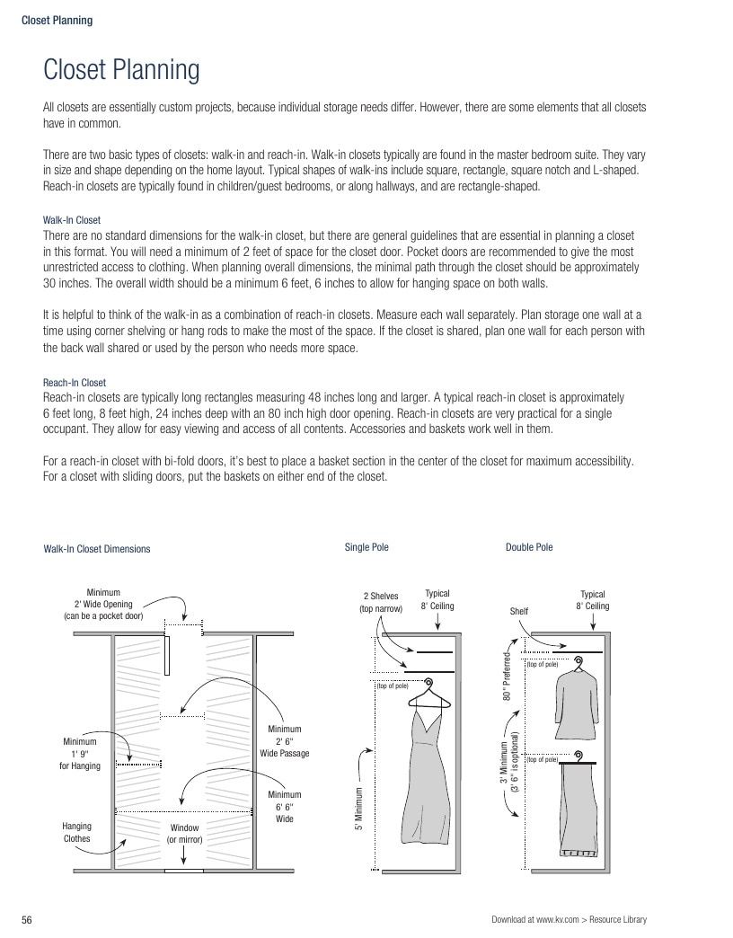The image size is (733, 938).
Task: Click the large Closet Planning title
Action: pos(121,69)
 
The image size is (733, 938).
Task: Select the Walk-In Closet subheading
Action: pos(72,219)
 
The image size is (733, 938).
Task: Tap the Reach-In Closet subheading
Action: pos(75,382)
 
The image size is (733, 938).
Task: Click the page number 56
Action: pos(27,920)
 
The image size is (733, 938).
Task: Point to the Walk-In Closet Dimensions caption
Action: pos(97,549)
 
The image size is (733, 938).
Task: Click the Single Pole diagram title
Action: pos(366,547)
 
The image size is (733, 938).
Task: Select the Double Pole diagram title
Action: pos(529,547)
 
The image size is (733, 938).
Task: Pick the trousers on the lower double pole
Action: pos(578,805)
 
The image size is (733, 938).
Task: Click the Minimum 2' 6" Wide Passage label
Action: pos(285,741)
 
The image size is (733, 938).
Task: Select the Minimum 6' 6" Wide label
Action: pos(285,807)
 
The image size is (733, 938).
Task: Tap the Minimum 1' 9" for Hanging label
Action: pos(80,754)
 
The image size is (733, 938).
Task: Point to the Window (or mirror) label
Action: pos(184,833)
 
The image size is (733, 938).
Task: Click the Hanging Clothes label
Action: pos(76,832)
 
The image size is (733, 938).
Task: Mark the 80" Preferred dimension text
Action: pos(507,677)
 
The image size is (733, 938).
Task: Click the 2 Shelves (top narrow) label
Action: pos(381,602)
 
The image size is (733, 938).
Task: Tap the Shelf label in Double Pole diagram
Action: pos(519,611)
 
